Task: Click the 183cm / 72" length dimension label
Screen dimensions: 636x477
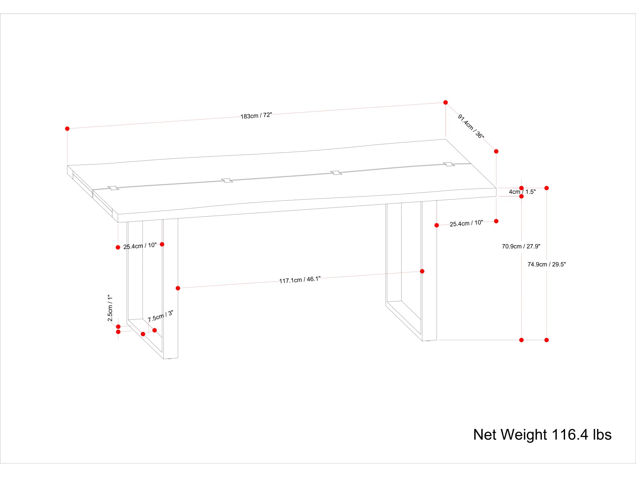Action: pyautogui.click(x=256, y=116)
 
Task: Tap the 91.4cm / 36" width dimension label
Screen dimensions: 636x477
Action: pyautogui.click(x=471, y=127)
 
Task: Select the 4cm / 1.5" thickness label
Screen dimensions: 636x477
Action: pyautogui.click(x=522, y=192)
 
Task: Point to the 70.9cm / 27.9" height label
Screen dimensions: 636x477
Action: pyautogui.click(x=521, y=246)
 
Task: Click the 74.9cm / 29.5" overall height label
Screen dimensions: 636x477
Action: pyautogui.click(x=547, y=264)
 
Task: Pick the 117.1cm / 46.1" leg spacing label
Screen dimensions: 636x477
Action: pyautogui.click(x=300, y=280)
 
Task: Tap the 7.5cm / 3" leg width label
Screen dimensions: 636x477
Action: pyautogui.click(x=160, y=316)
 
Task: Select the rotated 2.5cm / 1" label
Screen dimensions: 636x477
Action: pyautogui.click(x=110, y=308)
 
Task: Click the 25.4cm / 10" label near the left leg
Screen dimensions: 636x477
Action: pyautogui.click(x=140, y=246)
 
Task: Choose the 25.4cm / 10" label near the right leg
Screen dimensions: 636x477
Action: pyautogui.click(x=466, y=223)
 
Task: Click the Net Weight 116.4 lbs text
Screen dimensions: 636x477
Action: pyautogui.click(x=542, y=435)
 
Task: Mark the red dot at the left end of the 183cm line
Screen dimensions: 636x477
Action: pyautogui.click(x=67, y=129)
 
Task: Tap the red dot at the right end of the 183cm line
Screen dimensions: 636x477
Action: pyautogui.click(x=446, y=102)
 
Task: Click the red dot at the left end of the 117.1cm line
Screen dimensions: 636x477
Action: pyautogui.click(x=178, y=288)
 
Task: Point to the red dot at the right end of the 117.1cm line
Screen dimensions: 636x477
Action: pyautogui.click(x=422, y=271)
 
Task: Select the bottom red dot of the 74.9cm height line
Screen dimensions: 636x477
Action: pyautogui.click(x=547, y=340)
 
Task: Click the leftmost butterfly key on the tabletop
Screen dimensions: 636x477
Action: pyautogui.click(x=113, y=188)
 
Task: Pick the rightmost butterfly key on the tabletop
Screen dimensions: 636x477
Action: pyautogui.click(x=449, y=164)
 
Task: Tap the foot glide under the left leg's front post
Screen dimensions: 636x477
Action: pyautogui.click(x=170, y=359)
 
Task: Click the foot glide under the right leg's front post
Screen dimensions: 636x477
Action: pyautogui.click(x=429, y=341)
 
